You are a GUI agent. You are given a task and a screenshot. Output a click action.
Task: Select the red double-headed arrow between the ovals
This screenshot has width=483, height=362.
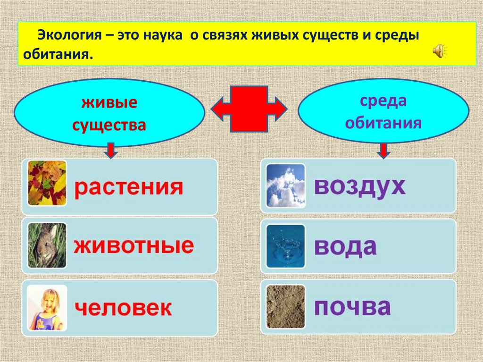[249, 109]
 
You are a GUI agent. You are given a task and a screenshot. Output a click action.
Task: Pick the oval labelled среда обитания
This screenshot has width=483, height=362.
[383, 112]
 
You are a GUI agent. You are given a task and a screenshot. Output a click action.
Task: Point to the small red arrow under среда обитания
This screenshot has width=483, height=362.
[384, 150]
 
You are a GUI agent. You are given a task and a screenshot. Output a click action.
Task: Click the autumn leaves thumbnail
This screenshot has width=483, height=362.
[47, 183]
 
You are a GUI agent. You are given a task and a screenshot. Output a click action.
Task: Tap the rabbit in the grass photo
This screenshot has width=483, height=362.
[47, 245]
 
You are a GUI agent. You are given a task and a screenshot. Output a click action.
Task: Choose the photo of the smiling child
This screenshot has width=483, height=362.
[47, 308]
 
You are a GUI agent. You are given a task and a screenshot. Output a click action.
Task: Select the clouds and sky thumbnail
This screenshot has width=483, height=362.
[286, 185]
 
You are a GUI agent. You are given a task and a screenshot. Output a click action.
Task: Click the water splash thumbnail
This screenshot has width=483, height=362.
[286, 246]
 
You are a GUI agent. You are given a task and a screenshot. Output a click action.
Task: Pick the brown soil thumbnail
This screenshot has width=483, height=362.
[286, 307]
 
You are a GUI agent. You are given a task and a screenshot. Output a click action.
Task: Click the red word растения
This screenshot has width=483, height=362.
[128, 187]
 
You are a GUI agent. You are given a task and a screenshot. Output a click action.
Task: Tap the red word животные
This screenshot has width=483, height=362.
[133, 246]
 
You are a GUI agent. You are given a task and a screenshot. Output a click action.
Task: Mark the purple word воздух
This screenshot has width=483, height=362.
[359, 186]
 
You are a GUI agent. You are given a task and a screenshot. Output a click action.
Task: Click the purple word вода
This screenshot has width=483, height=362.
[345, 246]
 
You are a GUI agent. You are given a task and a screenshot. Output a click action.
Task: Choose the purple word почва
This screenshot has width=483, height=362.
[352, 307]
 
